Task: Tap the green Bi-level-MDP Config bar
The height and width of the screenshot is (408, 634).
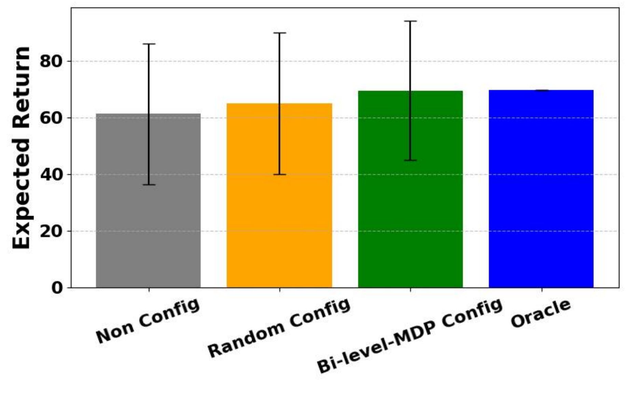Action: click(x=410, y=205)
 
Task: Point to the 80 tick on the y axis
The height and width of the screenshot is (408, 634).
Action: click(x=51, y=61)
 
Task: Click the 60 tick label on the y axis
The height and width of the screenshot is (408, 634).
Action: click(x=51, y=118)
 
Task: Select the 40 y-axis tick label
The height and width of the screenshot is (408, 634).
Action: click(x=51, y=175)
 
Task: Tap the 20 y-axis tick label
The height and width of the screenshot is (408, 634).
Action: click(x=51, y=231)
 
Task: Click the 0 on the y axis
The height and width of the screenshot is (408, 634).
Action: click(x=57, y=288)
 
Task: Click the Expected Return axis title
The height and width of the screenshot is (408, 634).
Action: click(x=21, y=147)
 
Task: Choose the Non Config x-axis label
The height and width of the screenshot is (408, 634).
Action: click(x=148, y=321)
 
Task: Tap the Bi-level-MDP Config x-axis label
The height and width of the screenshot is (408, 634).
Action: click(x=409, y=336)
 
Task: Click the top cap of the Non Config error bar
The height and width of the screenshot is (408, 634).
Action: click(x=149, y=44)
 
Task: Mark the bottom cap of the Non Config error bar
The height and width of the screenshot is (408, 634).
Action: click(x=149, y=185)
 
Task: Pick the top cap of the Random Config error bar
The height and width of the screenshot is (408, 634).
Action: click(x=279, y=33)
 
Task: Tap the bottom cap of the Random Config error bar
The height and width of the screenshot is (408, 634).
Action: click(x=279, y=174)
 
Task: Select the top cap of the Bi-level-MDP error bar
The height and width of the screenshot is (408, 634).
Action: click(x=410, y=21)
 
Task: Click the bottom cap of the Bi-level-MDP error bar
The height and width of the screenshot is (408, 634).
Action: click(x=410, y=160)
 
